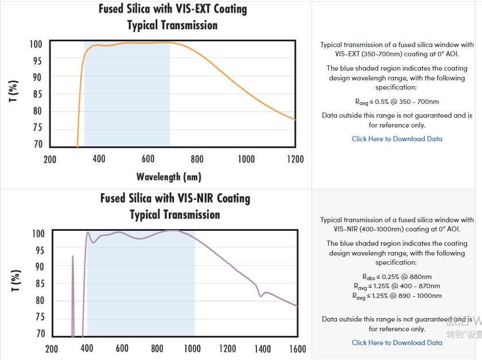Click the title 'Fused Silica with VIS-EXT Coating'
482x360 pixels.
pos(173,9)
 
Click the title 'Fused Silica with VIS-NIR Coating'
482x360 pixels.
pos(175,199)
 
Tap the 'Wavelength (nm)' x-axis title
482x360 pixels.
pos(169,176)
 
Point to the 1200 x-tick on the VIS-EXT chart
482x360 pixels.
pos(295,159)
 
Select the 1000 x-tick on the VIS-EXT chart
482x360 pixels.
pos(246,159)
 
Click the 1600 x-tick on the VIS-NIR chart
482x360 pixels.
pos(297,349)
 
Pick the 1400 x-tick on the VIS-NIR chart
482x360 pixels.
pos(262,349)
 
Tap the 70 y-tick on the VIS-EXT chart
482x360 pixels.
pos(38,144)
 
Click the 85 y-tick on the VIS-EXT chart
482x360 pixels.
pos(38,94)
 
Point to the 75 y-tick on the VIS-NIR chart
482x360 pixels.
pos(40,317)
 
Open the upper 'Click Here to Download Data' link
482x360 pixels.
pos(397,139)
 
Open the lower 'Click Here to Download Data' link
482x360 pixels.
pos(397,343)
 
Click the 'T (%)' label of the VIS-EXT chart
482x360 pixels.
pos(14,91)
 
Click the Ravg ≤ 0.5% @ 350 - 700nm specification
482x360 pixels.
pos(397,102)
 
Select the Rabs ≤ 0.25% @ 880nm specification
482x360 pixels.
pos(397,277)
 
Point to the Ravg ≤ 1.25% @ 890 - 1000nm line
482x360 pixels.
pos(397,296)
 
